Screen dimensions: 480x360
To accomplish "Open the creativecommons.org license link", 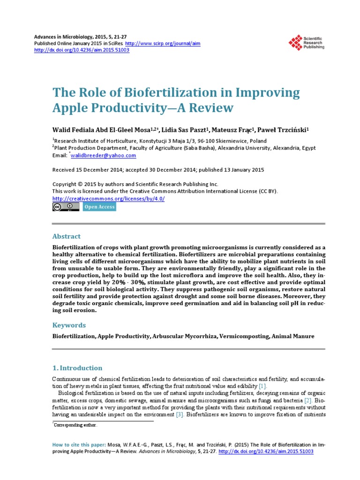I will (x=108, y=198).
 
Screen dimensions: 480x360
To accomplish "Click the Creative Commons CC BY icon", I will (x=66, y=207).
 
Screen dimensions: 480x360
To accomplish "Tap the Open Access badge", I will (x=99, y=207).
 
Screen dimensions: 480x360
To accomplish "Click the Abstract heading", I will (x=67, y=236).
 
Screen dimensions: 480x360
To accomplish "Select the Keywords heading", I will (x=69, y=325).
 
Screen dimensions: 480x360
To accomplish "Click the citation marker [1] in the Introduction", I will (x=262, y=386).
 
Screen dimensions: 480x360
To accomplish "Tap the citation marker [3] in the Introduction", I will (x=180, y=415).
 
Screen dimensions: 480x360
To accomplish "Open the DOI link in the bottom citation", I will (x=266, y=451).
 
